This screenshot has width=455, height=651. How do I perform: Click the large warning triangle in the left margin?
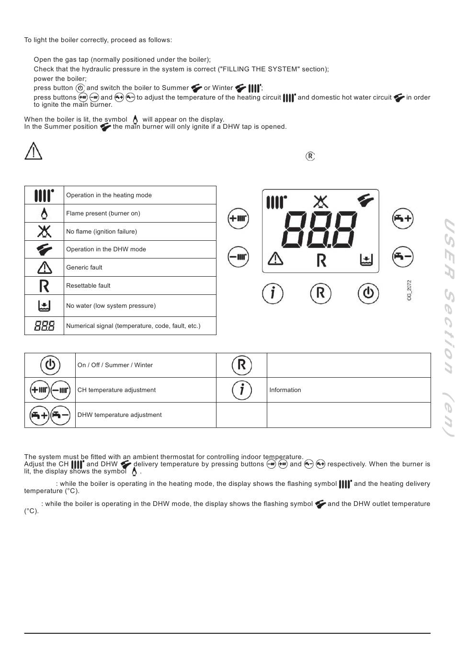click(33, 151)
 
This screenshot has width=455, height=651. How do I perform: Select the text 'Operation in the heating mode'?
click(109, 195)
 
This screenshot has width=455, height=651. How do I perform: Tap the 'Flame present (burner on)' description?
click(103, 213)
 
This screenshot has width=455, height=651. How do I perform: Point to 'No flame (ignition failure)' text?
click(102, 232)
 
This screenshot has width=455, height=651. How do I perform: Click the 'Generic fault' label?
click(84, 268)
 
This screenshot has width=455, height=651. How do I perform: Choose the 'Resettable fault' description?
click(88, 286)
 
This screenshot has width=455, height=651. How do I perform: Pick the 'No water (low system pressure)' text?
click(111, 306)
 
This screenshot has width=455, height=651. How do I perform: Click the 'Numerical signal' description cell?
click(133, 326)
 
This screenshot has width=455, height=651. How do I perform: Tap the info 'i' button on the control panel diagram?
click(273, 293)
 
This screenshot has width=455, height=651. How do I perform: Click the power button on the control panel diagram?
click(368, 293)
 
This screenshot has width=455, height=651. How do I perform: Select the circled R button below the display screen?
click(320, 293)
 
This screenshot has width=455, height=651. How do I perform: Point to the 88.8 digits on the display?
click(320, 229)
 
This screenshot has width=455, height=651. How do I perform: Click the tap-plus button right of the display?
click(403, 218)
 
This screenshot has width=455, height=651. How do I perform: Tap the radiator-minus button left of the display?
click(238, 257)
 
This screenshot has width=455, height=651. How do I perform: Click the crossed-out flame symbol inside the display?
click(320, 202)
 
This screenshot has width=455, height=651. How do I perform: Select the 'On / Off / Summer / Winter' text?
click(115, 365)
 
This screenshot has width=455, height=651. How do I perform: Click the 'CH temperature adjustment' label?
click(116, 390)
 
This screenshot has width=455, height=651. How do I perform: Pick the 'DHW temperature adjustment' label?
click(119, 415)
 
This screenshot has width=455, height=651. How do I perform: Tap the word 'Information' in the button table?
click(285, 390)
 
